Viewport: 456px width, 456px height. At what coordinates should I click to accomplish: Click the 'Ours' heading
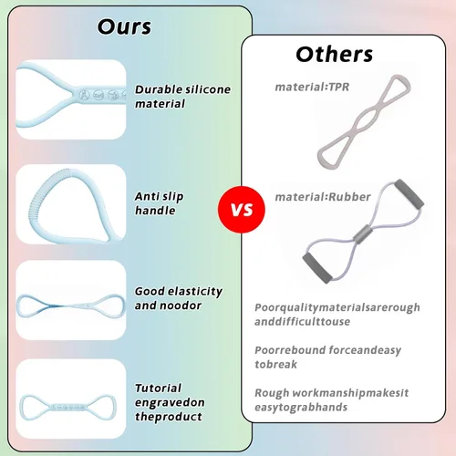(124, 26)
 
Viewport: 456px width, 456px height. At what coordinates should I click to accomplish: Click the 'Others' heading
(335, 55)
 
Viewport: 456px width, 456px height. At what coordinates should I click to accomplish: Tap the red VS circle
(242, 210)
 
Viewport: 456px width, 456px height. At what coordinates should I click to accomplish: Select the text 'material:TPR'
(312, 87)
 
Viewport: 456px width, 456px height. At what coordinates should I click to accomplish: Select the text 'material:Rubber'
(323, 197)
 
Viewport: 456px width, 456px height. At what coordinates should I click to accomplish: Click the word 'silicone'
(208, 89)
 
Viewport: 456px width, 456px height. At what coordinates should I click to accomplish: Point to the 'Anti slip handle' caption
(159, 203)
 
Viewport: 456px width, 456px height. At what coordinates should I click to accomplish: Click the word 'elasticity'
(195, 292)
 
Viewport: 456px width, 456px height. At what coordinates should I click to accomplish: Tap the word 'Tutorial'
(158, 388)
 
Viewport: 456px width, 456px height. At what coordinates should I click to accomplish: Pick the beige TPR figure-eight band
(364, 121)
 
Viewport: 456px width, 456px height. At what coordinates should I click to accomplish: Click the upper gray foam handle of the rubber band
(409, 193)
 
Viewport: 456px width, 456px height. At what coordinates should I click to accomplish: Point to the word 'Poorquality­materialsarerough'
(337, 307)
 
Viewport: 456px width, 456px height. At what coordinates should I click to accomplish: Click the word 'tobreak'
(275, 364)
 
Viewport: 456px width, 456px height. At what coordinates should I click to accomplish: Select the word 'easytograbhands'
(301, 407)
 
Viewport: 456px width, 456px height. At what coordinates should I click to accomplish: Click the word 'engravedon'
(170, 402)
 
